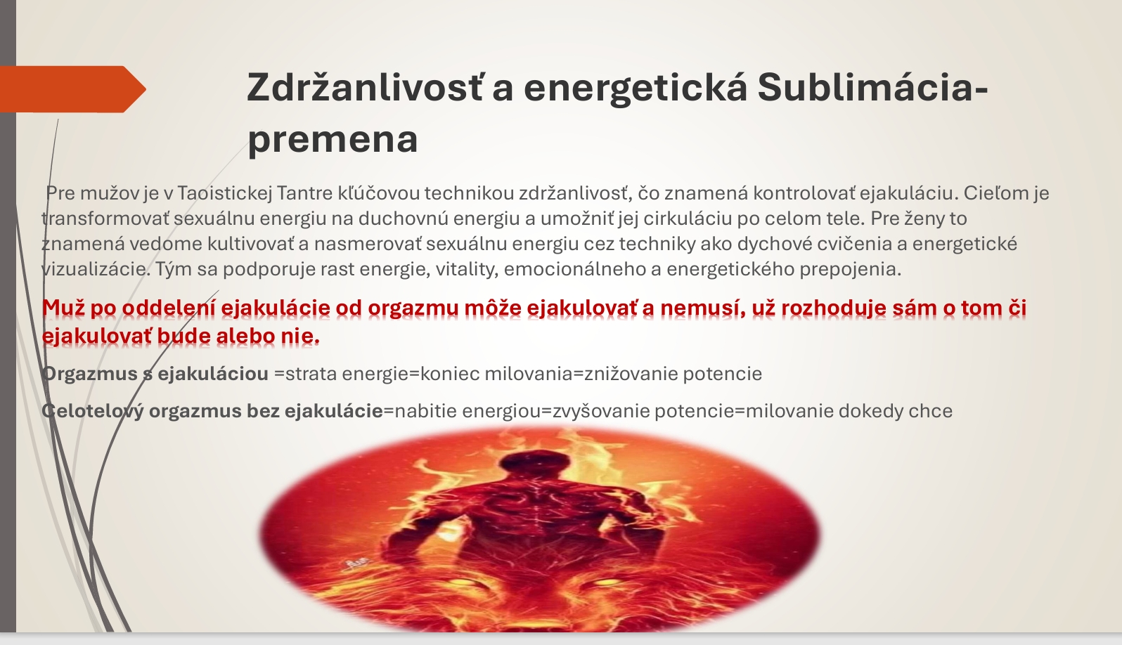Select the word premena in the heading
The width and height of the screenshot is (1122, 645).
tap(333, 141)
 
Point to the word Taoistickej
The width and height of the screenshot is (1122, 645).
tap(224, 193)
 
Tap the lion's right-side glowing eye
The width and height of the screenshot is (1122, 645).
tap(607, 582)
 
